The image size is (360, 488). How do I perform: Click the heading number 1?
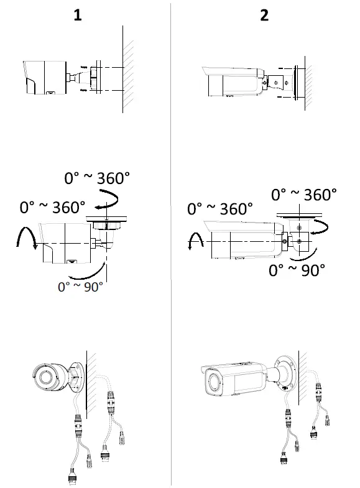point(78,16)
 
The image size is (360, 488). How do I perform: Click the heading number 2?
point(264,16)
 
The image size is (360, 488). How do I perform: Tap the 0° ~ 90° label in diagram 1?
point(81,287)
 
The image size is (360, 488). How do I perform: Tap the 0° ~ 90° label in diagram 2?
point(297,270)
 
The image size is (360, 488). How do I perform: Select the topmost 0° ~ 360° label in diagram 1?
point(98,179)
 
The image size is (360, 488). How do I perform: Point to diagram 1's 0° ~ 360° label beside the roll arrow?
point(53,207)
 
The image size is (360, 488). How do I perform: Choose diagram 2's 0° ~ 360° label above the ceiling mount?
point(305,195)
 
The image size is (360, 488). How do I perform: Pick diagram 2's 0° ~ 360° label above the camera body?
point(220,208)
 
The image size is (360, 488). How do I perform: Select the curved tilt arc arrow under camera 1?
point(84,274)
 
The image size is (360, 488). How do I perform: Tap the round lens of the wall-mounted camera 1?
point(45,377)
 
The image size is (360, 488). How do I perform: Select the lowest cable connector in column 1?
point(72,477)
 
